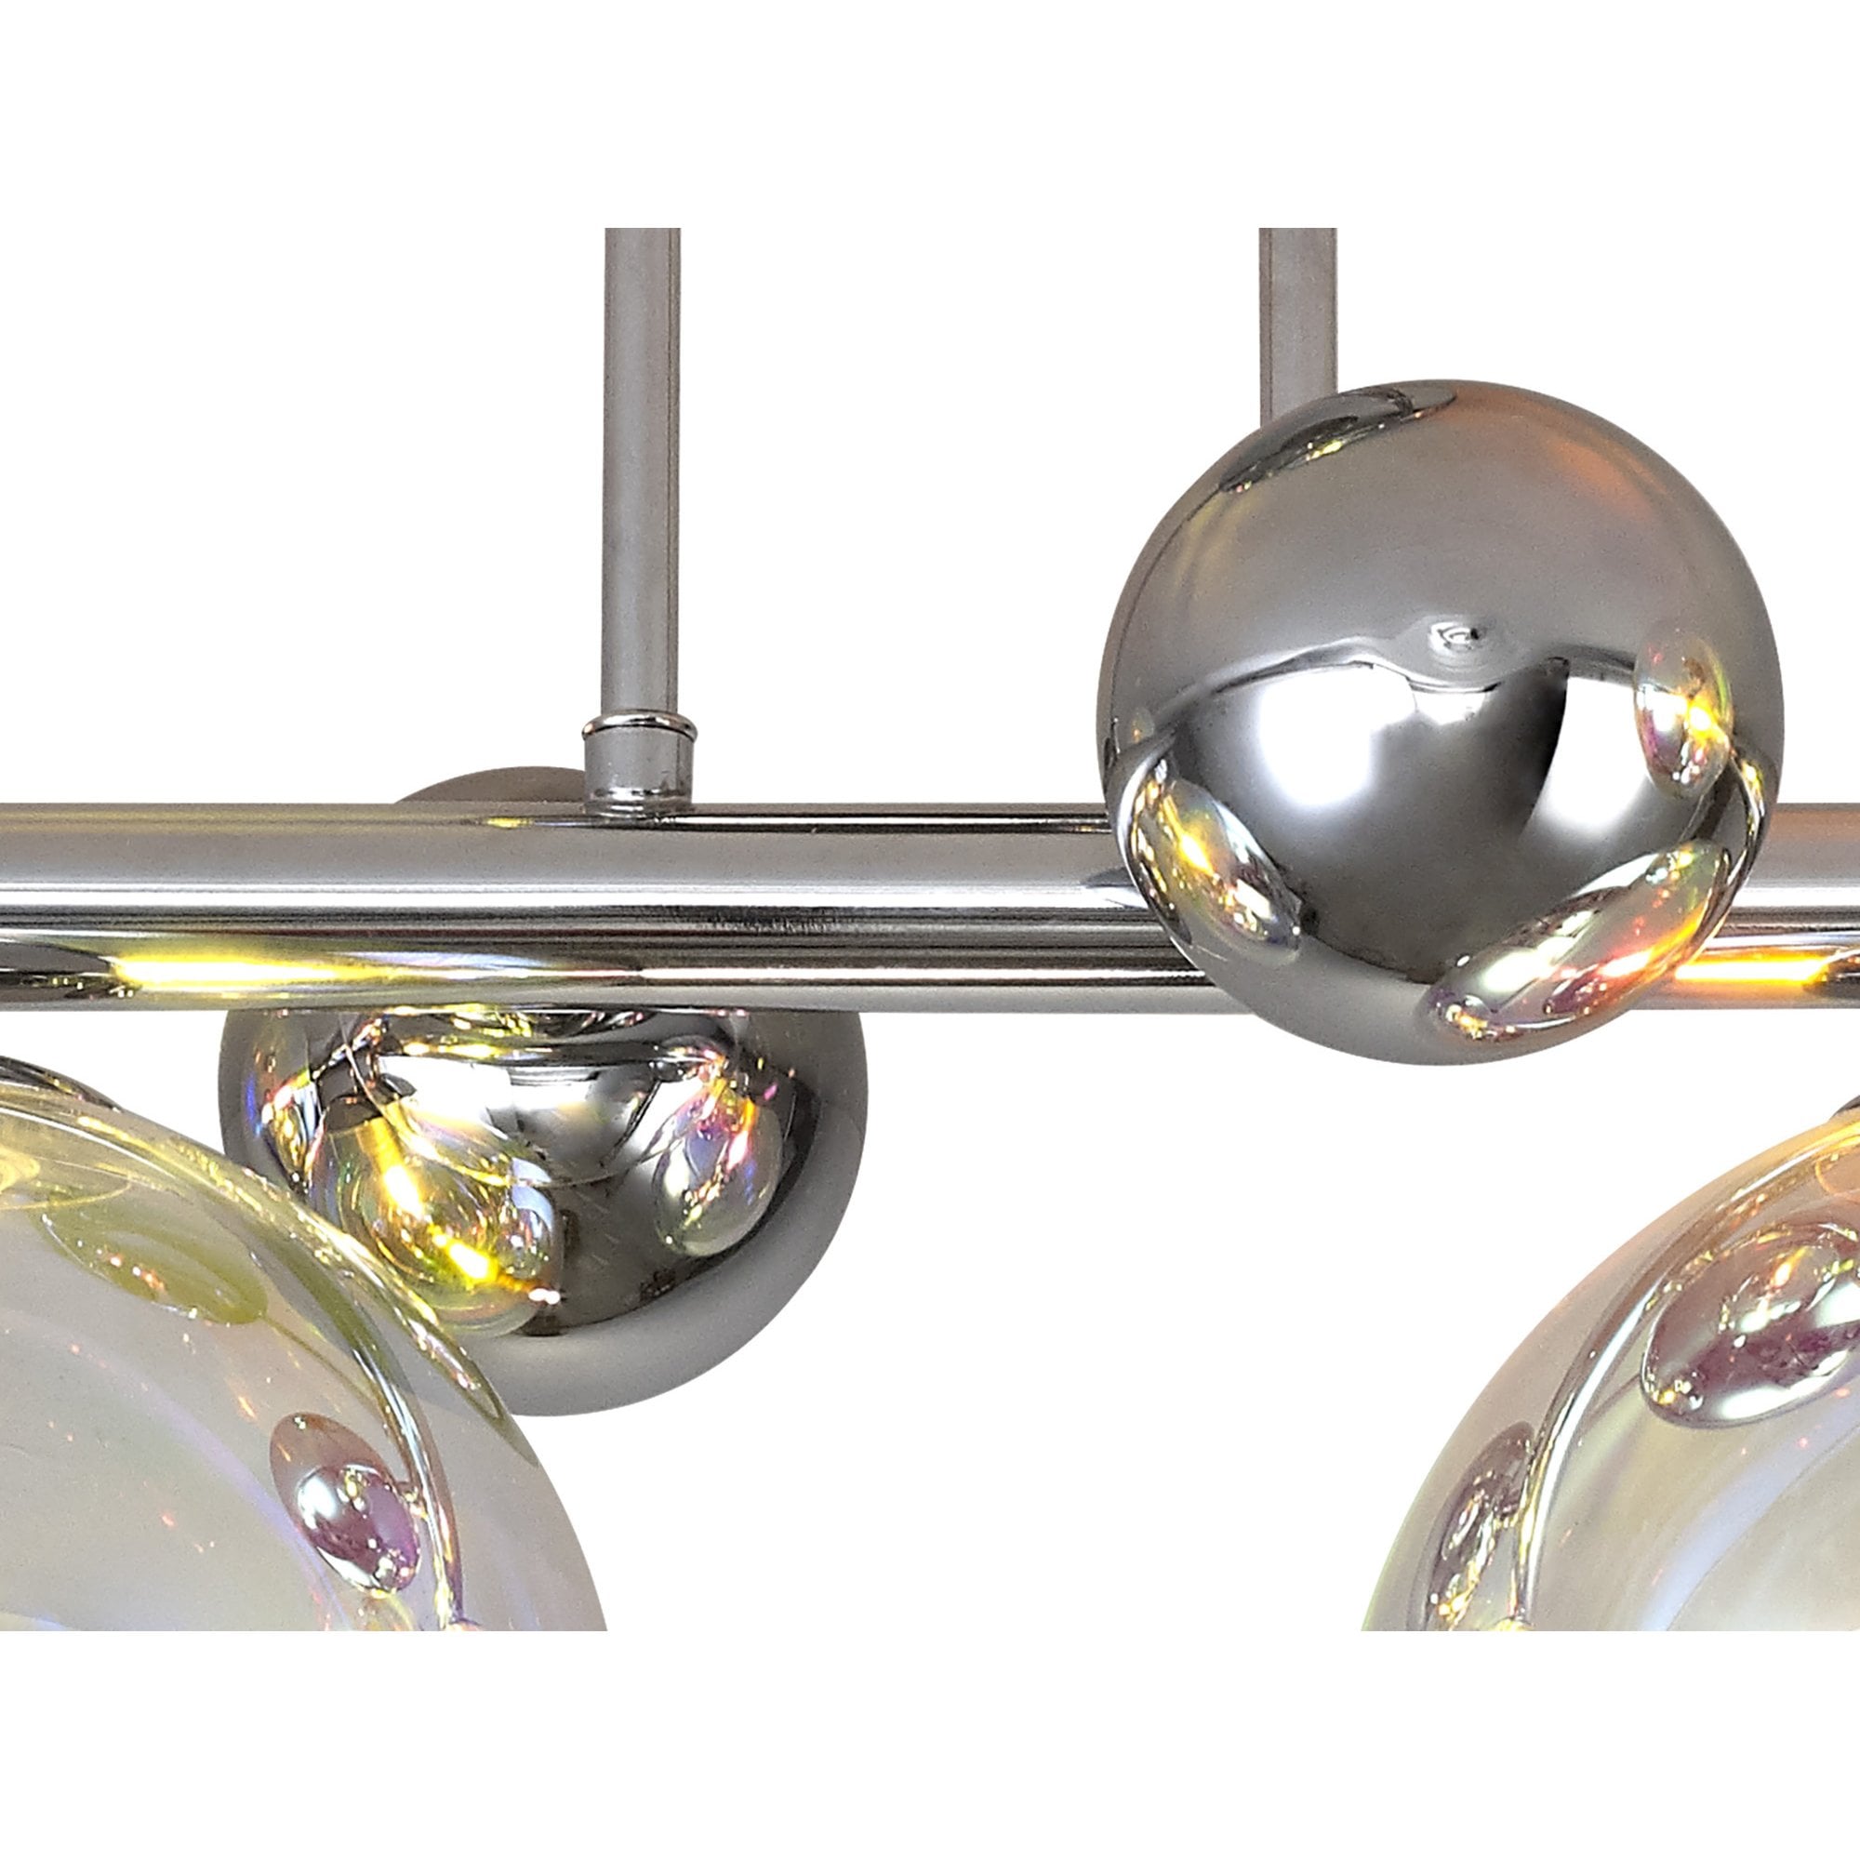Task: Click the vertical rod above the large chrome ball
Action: (1295, 308)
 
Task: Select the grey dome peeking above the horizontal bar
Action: (482, 791)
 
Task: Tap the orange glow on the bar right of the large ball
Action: (1790, 977)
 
